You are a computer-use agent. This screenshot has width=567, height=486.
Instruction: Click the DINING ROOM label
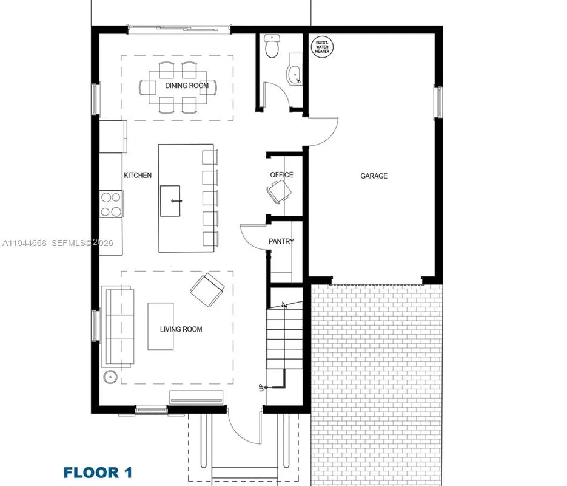click(x=187, y=86)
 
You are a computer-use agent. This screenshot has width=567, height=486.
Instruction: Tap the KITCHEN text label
click(x=138, y=175)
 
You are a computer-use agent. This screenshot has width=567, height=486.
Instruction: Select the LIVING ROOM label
click(x=181, y=329)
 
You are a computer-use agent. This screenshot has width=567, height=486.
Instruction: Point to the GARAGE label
click(x=374, y=176)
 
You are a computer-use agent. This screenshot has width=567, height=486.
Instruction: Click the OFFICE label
click(x=281, y=175)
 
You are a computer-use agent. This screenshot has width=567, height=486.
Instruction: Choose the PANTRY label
click(x=281, y=241)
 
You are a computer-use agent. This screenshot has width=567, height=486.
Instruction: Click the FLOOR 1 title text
click(x=98, y=472)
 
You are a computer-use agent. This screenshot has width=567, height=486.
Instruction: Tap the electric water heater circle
click(x=321, y=47)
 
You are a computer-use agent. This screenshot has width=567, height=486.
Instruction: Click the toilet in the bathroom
click(x=272, y=47)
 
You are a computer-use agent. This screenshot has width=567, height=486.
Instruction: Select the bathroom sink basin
click(x=294, y=73)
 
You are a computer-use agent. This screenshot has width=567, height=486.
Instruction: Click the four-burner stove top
click(x=112, y=204)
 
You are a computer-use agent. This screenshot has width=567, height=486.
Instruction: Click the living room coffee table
click(x=161, y=326)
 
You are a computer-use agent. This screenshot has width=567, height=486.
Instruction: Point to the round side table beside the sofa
click(x=111, y=377)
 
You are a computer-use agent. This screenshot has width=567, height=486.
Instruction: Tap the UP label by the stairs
click(x=261, y=387)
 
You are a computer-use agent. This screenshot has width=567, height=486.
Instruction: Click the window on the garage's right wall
click(x=438, y=101)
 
